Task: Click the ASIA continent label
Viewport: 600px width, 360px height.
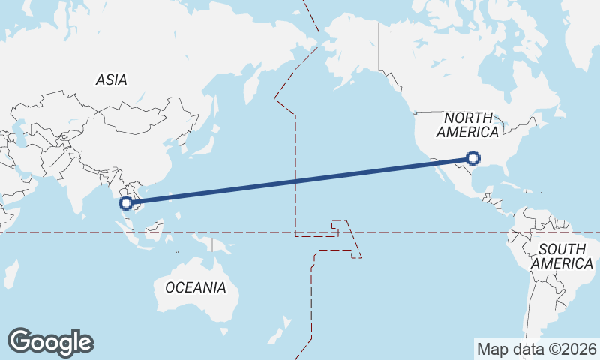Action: click(111, 79)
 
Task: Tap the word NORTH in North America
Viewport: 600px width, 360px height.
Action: click(468, 118)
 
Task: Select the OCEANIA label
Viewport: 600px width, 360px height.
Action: click(195, 286)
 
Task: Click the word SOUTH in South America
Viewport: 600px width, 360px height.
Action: click(562, 249)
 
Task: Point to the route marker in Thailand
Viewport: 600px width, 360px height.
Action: click(126, 202)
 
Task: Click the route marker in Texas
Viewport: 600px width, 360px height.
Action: click(472, 157)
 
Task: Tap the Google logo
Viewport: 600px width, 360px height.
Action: click(50, 342)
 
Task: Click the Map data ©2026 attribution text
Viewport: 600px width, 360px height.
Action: click(536, 349)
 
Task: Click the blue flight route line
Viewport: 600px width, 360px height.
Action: click(300, 180)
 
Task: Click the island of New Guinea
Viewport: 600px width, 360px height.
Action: click(217, 241)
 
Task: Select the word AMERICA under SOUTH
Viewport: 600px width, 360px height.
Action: click(562, 264)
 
